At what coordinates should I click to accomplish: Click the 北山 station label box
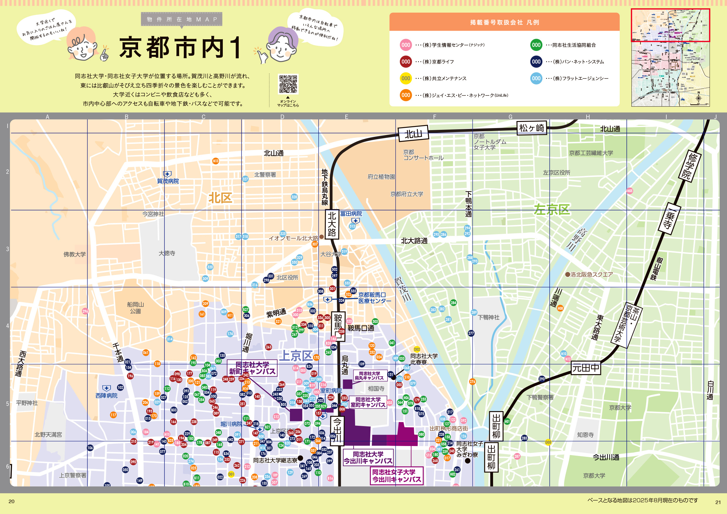coord(413,134)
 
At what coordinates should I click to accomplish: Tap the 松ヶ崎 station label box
coord(532,128)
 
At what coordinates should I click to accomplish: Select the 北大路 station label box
coord(332,224)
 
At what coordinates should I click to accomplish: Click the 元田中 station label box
coord(586,368)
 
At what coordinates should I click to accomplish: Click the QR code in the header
coord(288,84)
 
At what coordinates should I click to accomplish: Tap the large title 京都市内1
coord(181,47)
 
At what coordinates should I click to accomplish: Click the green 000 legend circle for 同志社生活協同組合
coord(536,45)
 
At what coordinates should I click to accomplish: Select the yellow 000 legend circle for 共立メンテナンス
coord(406,78)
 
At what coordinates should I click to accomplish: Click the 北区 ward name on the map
coord(220,198)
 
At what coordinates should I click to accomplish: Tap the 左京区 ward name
coord(552,210)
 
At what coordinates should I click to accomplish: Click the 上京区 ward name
coord(296,356)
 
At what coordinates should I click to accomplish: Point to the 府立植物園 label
coord(381,177)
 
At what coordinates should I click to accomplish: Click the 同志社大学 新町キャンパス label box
coord(252,368)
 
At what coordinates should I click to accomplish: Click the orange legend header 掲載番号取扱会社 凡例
coord(504,22)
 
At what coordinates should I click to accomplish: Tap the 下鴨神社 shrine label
coord(488,317)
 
